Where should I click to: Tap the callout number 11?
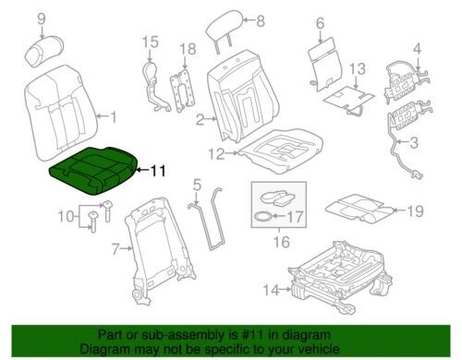[158, 170]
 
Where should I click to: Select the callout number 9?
[39, 17]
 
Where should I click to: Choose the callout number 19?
[415, 210]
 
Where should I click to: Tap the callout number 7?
[115, 248]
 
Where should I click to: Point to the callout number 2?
[200, 118]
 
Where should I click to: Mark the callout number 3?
[413, 143]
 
